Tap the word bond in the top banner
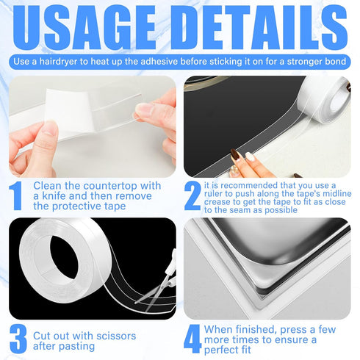(x=333, y=61)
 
